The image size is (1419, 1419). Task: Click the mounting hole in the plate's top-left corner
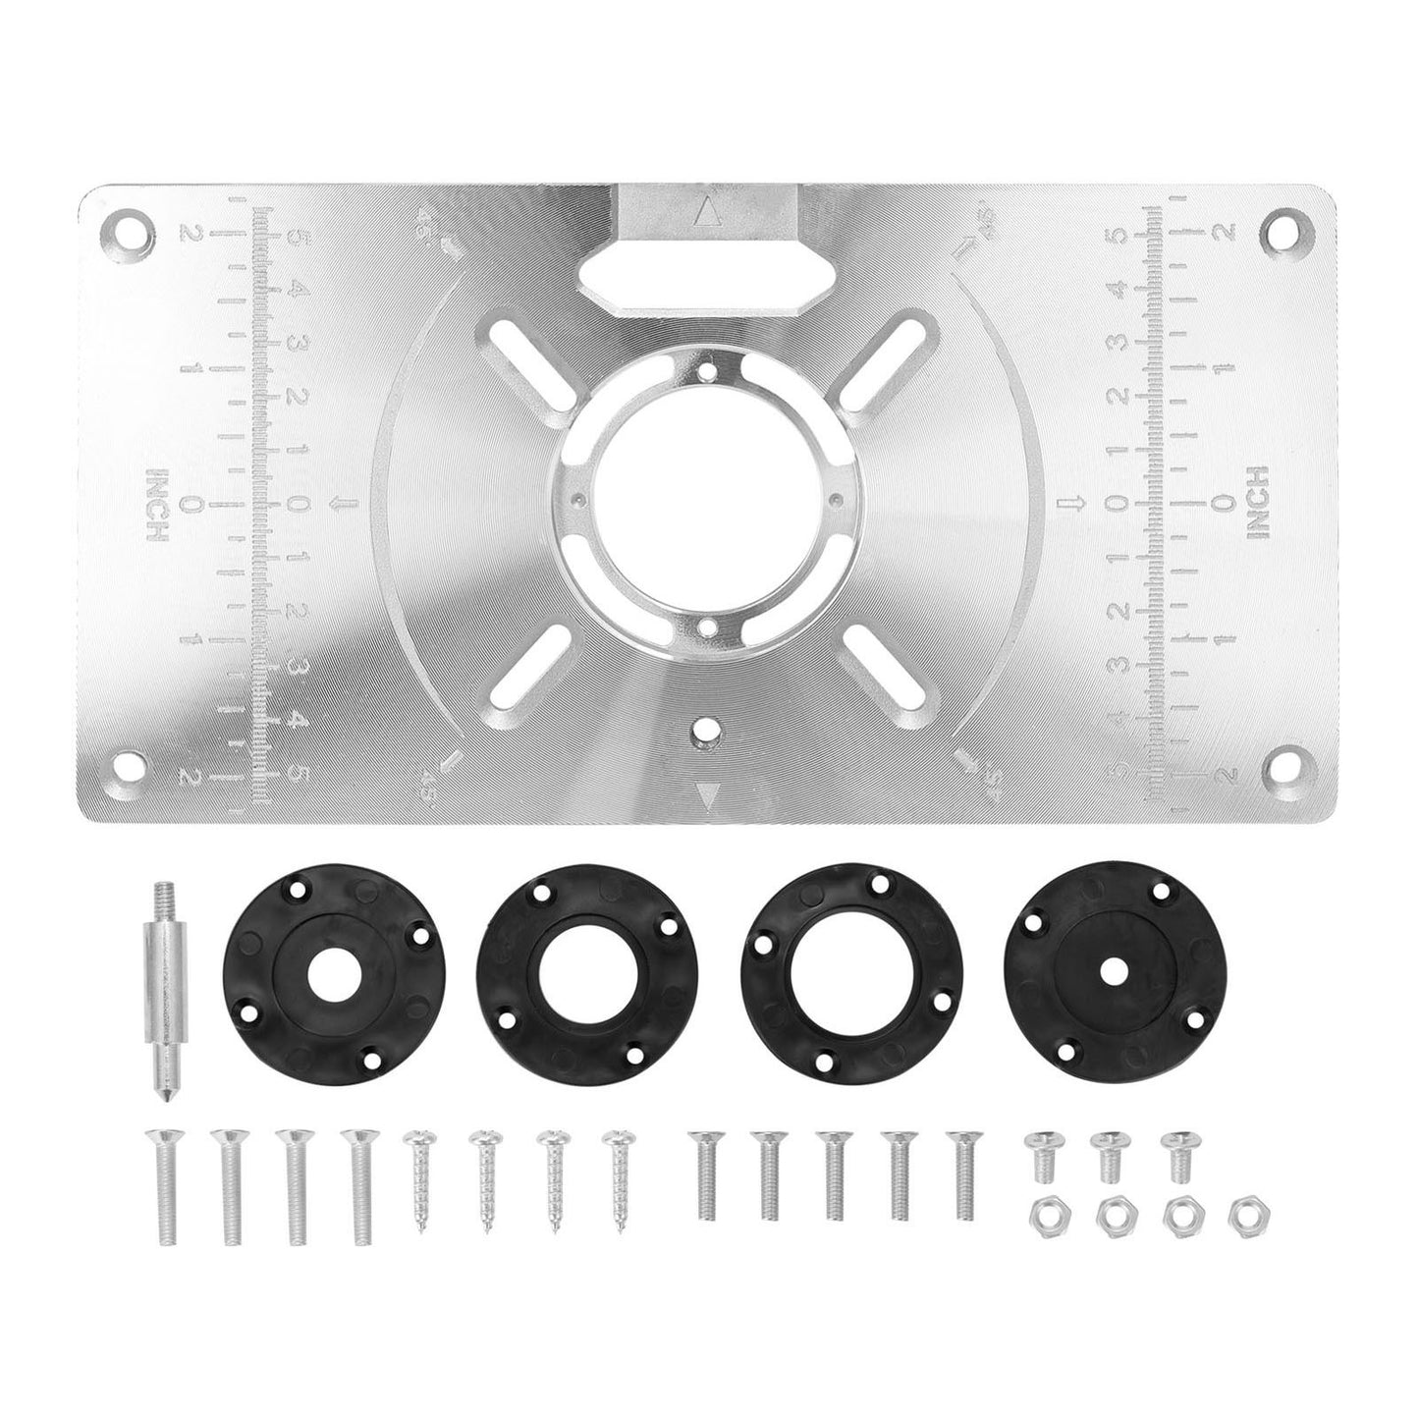[x=129, y=229]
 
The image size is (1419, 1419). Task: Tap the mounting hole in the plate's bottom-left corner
[x=129, y=763]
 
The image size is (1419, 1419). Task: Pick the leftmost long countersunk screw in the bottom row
[x=160, y=1188]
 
